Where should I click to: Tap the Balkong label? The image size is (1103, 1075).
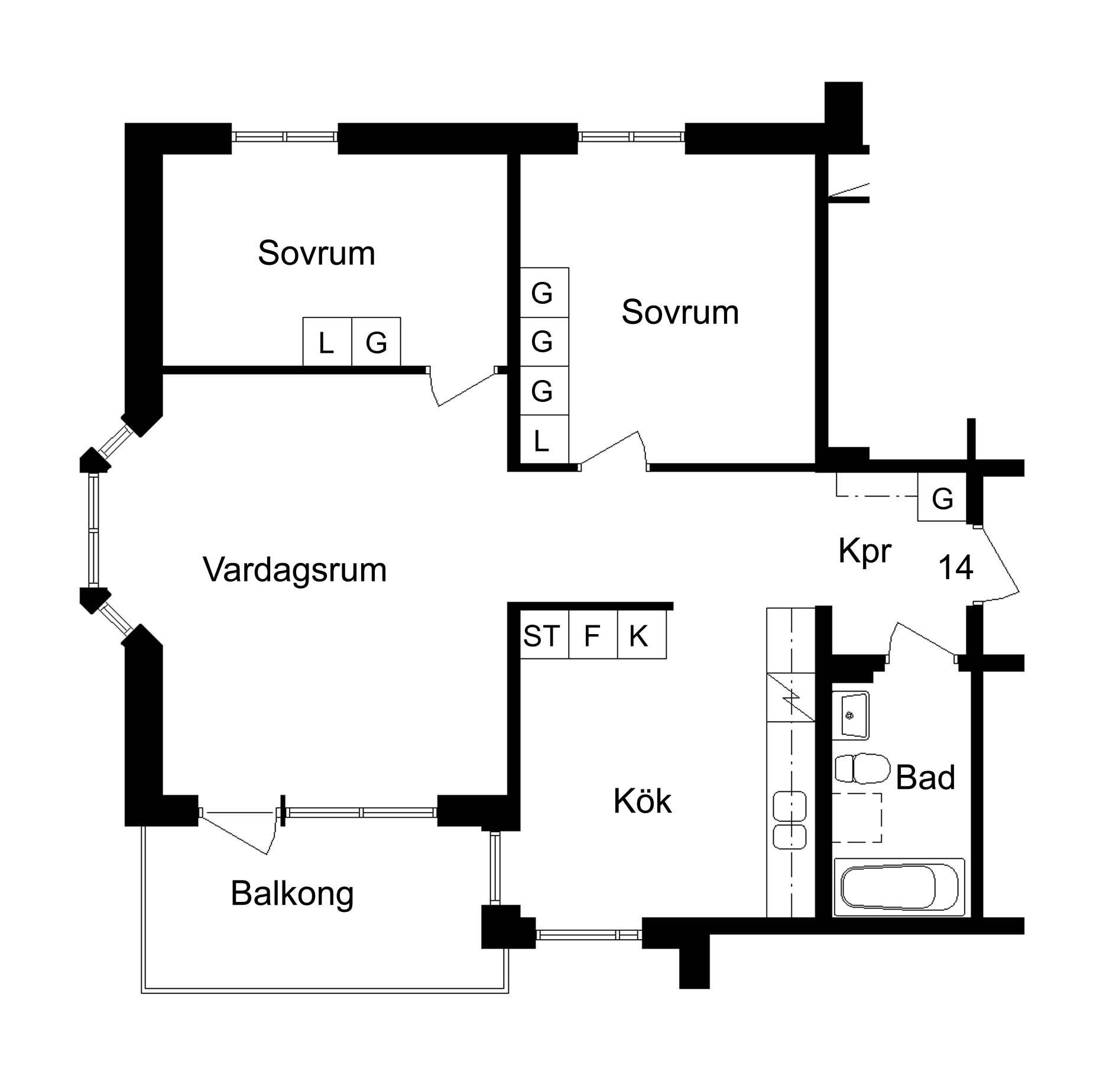click(x=293, y=893)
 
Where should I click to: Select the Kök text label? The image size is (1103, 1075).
click(x=643, y=801)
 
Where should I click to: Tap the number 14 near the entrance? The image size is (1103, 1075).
click(x=956, y=567)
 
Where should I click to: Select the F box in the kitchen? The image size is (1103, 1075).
click(x=593, y=635)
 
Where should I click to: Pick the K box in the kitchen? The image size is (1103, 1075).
click(x=642, y=635)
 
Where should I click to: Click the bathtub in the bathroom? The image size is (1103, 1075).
click(x=898, y=887)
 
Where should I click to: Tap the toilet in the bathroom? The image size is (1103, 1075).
click(x=862, y=768)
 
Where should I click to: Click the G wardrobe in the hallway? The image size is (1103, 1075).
click(x=942, y=497)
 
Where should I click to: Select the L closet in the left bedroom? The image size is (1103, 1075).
click(x=327, y=342)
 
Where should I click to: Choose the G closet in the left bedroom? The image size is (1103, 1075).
click(x=377, y=342)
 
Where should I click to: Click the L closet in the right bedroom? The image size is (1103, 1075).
click(x=544, y=440)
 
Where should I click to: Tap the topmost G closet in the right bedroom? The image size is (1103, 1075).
click(x=544, y=293)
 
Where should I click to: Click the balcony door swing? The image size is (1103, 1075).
click(x=239, y=832)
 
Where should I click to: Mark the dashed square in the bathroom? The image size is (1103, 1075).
click(x=857, y=817)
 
